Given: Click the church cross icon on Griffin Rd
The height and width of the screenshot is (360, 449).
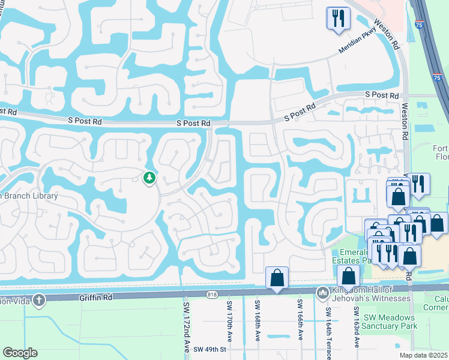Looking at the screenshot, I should point(39,299).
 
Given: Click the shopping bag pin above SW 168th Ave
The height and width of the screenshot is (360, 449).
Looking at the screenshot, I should point(277,278).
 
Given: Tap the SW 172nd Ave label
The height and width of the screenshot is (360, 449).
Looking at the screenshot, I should point(185,327).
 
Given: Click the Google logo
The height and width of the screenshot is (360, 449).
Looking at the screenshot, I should point(20,353).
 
